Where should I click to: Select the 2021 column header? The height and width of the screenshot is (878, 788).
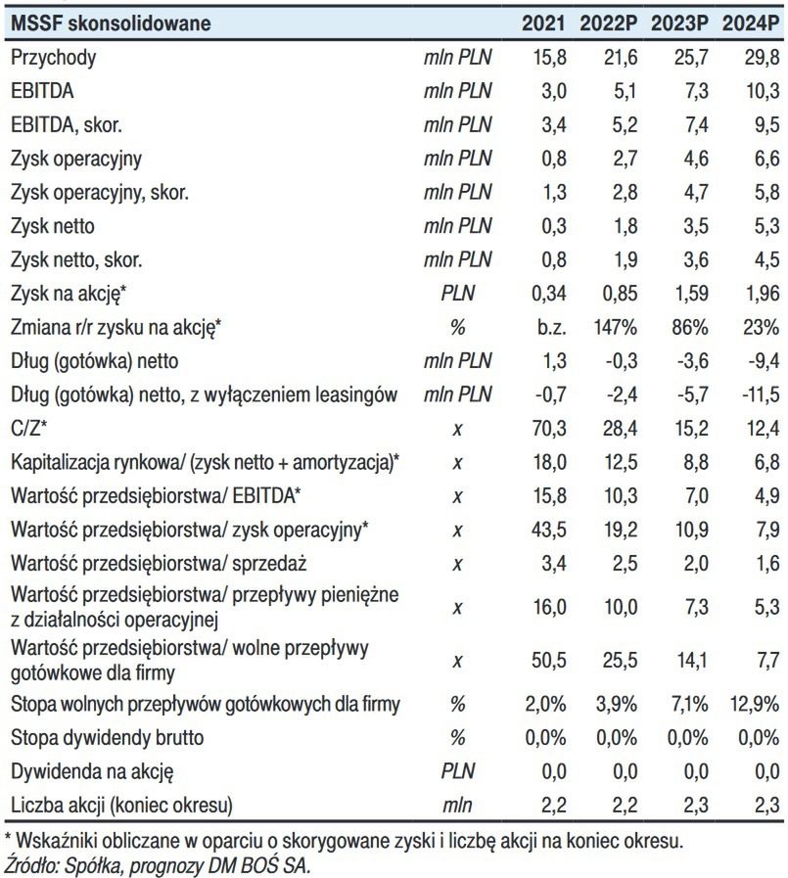(543, 23)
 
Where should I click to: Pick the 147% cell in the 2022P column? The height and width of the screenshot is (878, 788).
(616, 328)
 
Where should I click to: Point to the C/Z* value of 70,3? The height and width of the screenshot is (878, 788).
(548, 429)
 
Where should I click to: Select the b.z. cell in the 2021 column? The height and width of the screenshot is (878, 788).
(548, 328)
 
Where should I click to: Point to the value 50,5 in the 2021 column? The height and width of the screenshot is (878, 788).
(548, 660)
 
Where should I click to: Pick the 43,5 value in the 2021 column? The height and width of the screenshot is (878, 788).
(548, 530)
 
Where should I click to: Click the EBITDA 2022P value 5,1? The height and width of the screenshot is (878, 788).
(623, 91)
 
